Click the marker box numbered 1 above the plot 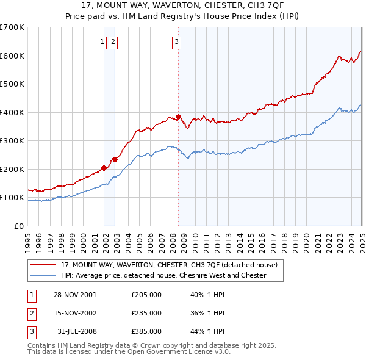pyautogui.click(x=101, y=41)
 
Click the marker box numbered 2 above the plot pyautogui.click(x=113, y=41)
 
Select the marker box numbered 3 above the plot pyautogui.click(x=176, y=41)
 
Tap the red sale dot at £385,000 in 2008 pyautogui.click(x=179, y=117)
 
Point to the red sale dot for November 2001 pyautogui.click(x=104, y=168)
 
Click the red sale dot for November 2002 pyautogui.click(x=115, y=159)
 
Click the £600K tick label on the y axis pyautogui.click(x=12, y=56)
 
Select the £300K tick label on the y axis pyautogui.click(x=12, y=140)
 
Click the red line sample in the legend pyautogui.click(x=43, y=265)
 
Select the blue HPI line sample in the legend pyautogui.click(x=43, y=275)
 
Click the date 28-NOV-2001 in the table pyautogui.click(x=75, y=295)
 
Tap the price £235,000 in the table pyautogui.click(x=146, y=313)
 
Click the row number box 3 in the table pyautogui.click(x=31, y=331)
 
